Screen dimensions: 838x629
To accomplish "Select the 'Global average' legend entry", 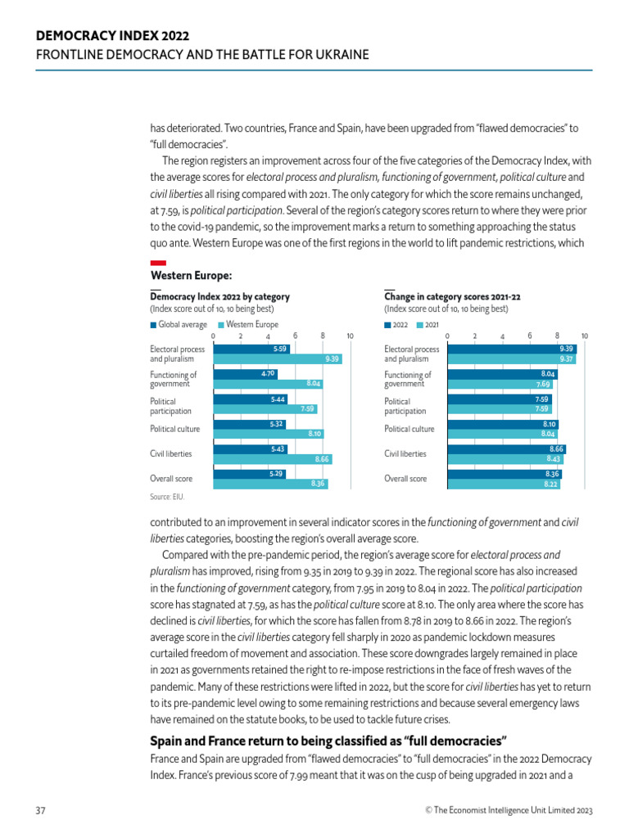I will click(x=179, y=325).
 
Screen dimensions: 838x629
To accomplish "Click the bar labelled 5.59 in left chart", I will click(x=251, y=349).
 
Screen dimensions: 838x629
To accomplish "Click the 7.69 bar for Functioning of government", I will click(x=499, y=384).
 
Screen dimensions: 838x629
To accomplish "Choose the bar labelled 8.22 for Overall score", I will click(x=503, y=484).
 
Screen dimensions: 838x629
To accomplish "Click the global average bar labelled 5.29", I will click(x=249, y=474).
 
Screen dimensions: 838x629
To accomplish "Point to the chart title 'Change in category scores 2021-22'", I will click(x=452, y=297).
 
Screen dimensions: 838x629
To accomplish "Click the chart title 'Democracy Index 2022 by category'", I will click(x=219, y=297).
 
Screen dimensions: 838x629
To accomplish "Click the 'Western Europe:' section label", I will click(x=191, y=276).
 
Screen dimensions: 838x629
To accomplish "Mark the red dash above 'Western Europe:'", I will click(x=158, y=262).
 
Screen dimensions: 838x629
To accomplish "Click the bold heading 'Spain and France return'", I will click(x=328, y=741).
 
